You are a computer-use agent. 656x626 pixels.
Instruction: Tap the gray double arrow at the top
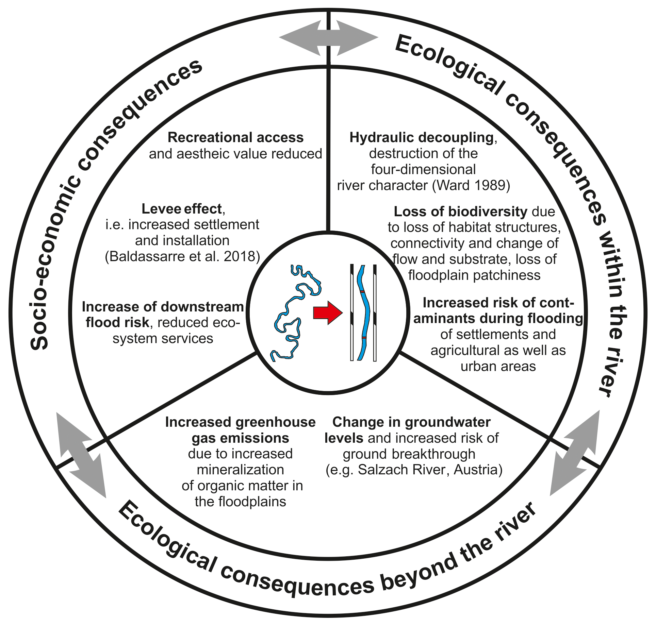click(x=328, y=37)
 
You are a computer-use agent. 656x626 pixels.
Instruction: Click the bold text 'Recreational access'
click(x=235, y=138)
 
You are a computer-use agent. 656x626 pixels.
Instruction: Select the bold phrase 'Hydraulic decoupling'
click(x=422, y=138)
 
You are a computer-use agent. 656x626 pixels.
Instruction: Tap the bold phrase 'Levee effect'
click(x=182, y=209)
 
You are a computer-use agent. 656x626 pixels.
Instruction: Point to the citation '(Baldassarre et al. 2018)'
click(x=182, y=256)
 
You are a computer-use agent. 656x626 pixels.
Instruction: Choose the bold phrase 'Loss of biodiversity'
click(x=460, y=212)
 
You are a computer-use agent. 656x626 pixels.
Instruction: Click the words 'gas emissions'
click(x=240, y=438)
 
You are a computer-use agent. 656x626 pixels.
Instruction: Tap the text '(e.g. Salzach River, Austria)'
click(x=414, y=470)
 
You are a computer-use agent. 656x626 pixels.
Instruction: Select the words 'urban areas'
click(x=498, y=366)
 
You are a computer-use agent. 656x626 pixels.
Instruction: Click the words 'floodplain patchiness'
click(x=474, y=275)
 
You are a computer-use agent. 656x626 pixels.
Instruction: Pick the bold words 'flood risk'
click(x=117, y=322)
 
